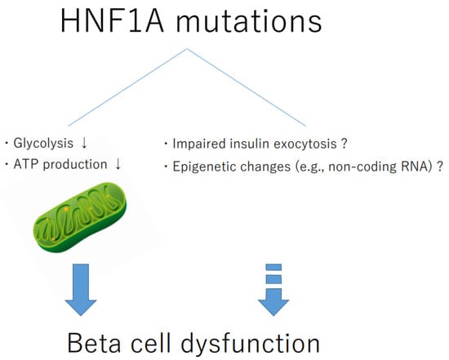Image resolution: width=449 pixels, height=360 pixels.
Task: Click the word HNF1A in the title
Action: [x=113, y=21]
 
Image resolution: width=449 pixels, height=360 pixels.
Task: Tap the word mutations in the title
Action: [x=249, y=21]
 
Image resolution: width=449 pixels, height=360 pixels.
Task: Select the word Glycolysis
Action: [x=43, y=143]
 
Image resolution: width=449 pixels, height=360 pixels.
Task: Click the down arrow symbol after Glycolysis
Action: [x=84, y=143]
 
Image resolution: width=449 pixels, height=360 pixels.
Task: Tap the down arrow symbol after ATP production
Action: [x=118, y=164]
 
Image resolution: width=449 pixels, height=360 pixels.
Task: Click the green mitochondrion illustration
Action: [x=80, y=217]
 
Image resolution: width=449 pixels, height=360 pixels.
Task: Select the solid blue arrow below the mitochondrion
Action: [x=81, y=290]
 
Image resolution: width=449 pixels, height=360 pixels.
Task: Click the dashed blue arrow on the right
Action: [x=273, y=290]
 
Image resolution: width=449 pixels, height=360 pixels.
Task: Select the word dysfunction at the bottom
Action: [x=251, y=344]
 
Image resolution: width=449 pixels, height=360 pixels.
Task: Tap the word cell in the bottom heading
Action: [x=151, y=342]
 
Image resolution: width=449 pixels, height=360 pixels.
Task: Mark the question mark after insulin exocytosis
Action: [x=345, y=143]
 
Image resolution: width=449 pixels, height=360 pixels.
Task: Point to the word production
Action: [x=75, y=165]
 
